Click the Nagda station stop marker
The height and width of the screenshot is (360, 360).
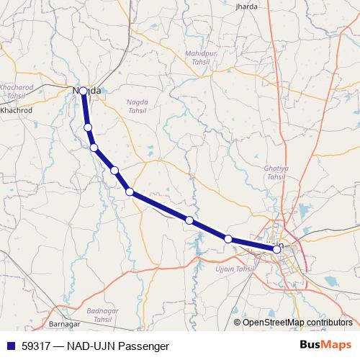click(x=84, y=91)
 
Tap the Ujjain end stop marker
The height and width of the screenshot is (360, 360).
click(x=276, y=249)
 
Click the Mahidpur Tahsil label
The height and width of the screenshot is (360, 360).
click(x=199, y=57)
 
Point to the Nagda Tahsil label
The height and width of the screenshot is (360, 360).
click(x=137, y=107)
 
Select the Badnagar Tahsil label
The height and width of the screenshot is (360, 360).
click(x=100, y=314)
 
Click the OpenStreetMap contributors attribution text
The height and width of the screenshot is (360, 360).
click(x=297, y=322)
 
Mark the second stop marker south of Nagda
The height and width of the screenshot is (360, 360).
click(x=94, y=148)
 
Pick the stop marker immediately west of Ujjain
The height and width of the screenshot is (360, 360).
click(x=228, y=238)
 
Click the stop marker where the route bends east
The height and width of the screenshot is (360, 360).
click(x=130, y=192)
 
